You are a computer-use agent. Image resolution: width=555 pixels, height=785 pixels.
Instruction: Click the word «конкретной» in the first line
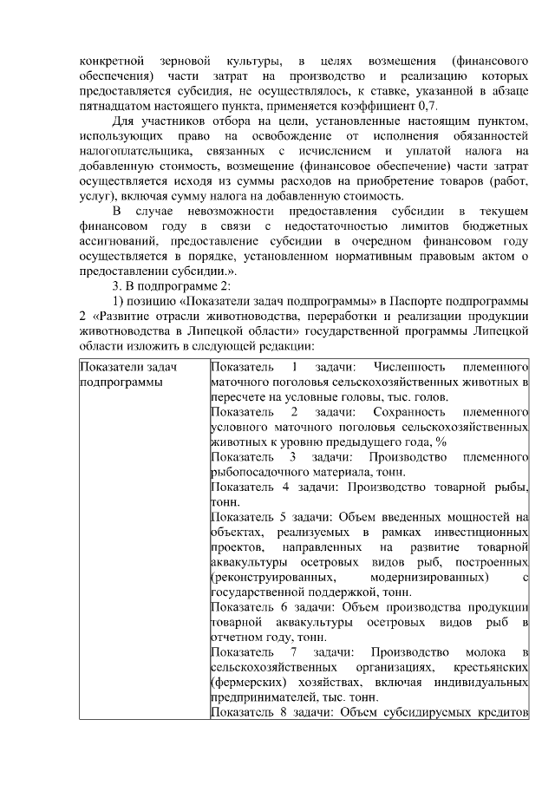pos(107,62)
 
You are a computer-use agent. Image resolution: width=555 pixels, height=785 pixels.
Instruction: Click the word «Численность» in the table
pos(408,367)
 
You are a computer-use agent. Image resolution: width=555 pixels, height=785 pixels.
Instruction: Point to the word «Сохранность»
pos(408,413)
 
